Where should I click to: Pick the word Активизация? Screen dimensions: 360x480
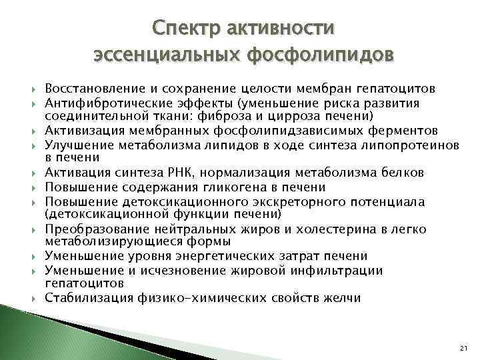(79, 130)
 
